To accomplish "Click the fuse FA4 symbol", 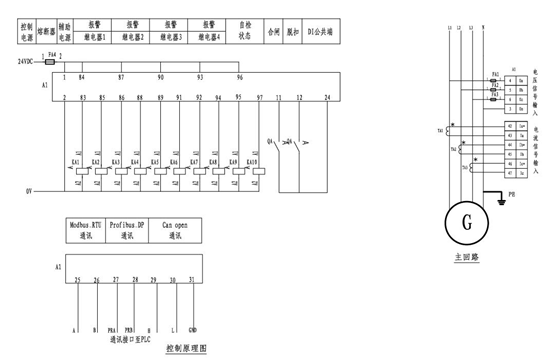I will click(52, 62).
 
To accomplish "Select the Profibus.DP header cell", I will click(129, 231).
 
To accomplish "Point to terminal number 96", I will click(239, 76).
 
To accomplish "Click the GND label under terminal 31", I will click(193, 328).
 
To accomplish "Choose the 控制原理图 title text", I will click(185, 349).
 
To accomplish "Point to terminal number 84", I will click(82, 76).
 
